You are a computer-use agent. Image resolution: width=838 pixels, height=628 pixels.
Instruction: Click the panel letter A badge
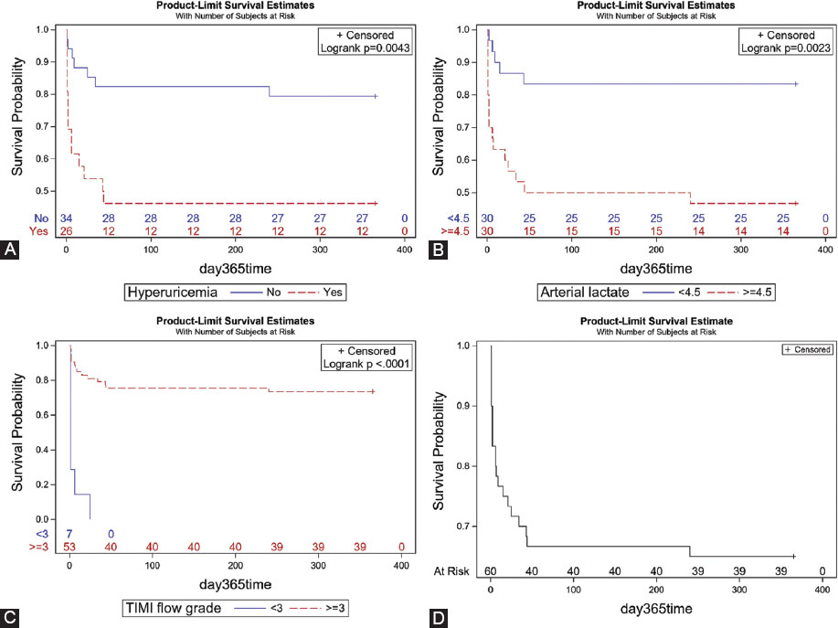[x=10, y=296]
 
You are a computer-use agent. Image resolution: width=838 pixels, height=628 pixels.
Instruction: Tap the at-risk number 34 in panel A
[x=67, y=218]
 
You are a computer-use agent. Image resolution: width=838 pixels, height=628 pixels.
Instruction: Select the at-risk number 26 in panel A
[x=67, y=232]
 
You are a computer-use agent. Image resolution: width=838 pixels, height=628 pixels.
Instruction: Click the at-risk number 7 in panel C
[x=68, y=533]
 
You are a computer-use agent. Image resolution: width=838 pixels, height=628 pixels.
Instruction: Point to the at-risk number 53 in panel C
[x=69, y=547]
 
